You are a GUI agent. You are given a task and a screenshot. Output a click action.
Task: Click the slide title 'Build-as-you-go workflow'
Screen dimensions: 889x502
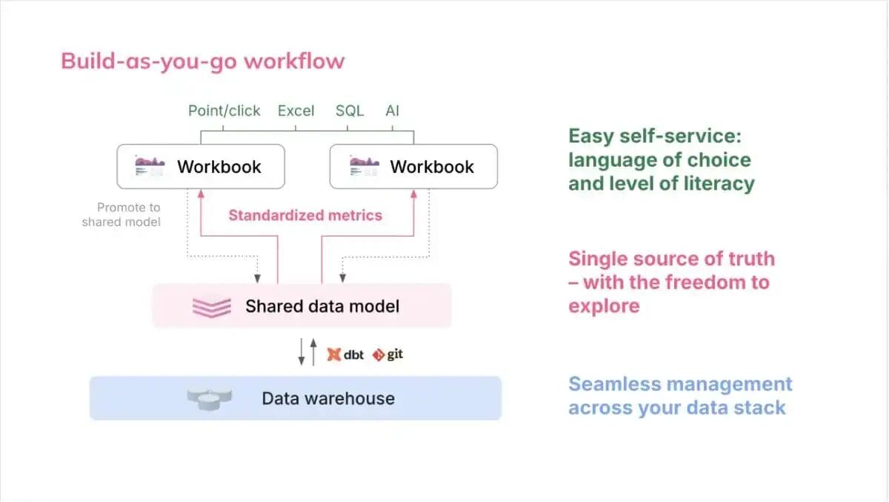(x=202, y=62)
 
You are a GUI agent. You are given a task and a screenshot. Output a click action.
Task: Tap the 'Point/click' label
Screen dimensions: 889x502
(x=224, y=110)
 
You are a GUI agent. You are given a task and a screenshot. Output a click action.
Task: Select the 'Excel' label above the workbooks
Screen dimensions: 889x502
(x=296, y=110)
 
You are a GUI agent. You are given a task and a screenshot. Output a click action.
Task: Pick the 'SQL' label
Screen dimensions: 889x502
(x=350, y=110)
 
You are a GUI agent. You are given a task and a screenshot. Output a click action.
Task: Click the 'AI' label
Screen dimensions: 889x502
(x=392, y=110)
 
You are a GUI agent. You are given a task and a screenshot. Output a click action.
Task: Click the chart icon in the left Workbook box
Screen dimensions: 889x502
(x=150, y=166)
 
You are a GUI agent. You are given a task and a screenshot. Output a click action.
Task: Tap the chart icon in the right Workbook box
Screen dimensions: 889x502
(x=364, y=166)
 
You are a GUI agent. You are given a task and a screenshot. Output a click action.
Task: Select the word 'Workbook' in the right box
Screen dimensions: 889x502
(x=432, y=167)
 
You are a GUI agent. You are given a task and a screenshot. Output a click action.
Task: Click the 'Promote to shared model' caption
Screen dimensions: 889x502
(x=121, y=214)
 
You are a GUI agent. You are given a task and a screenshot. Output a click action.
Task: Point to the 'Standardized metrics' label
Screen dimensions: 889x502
(x=305, y=215)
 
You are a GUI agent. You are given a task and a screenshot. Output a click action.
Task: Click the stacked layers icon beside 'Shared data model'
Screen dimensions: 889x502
(x=212, y=308)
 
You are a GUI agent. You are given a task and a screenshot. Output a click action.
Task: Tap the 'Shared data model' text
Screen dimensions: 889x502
(x=322, y=306)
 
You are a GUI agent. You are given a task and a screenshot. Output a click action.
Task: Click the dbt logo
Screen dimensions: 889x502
(x=345, y=354)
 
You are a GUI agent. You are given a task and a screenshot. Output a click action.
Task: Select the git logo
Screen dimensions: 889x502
(x=387, y=354)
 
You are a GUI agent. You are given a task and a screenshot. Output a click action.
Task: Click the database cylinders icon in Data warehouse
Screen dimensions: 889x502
(x=209, y=400)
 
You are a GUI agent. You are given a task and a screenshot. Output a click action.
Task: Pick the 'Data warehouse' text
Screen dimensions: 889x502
(x=328, y=399)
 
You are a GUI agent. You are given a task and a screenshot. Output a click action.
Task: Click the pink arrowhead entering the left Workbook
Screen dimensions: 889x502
(x=201, y=194)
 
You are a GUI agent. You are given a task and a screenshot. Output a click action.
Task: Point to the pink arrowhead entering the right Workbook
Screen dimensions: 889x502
(x=414, y=194)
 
